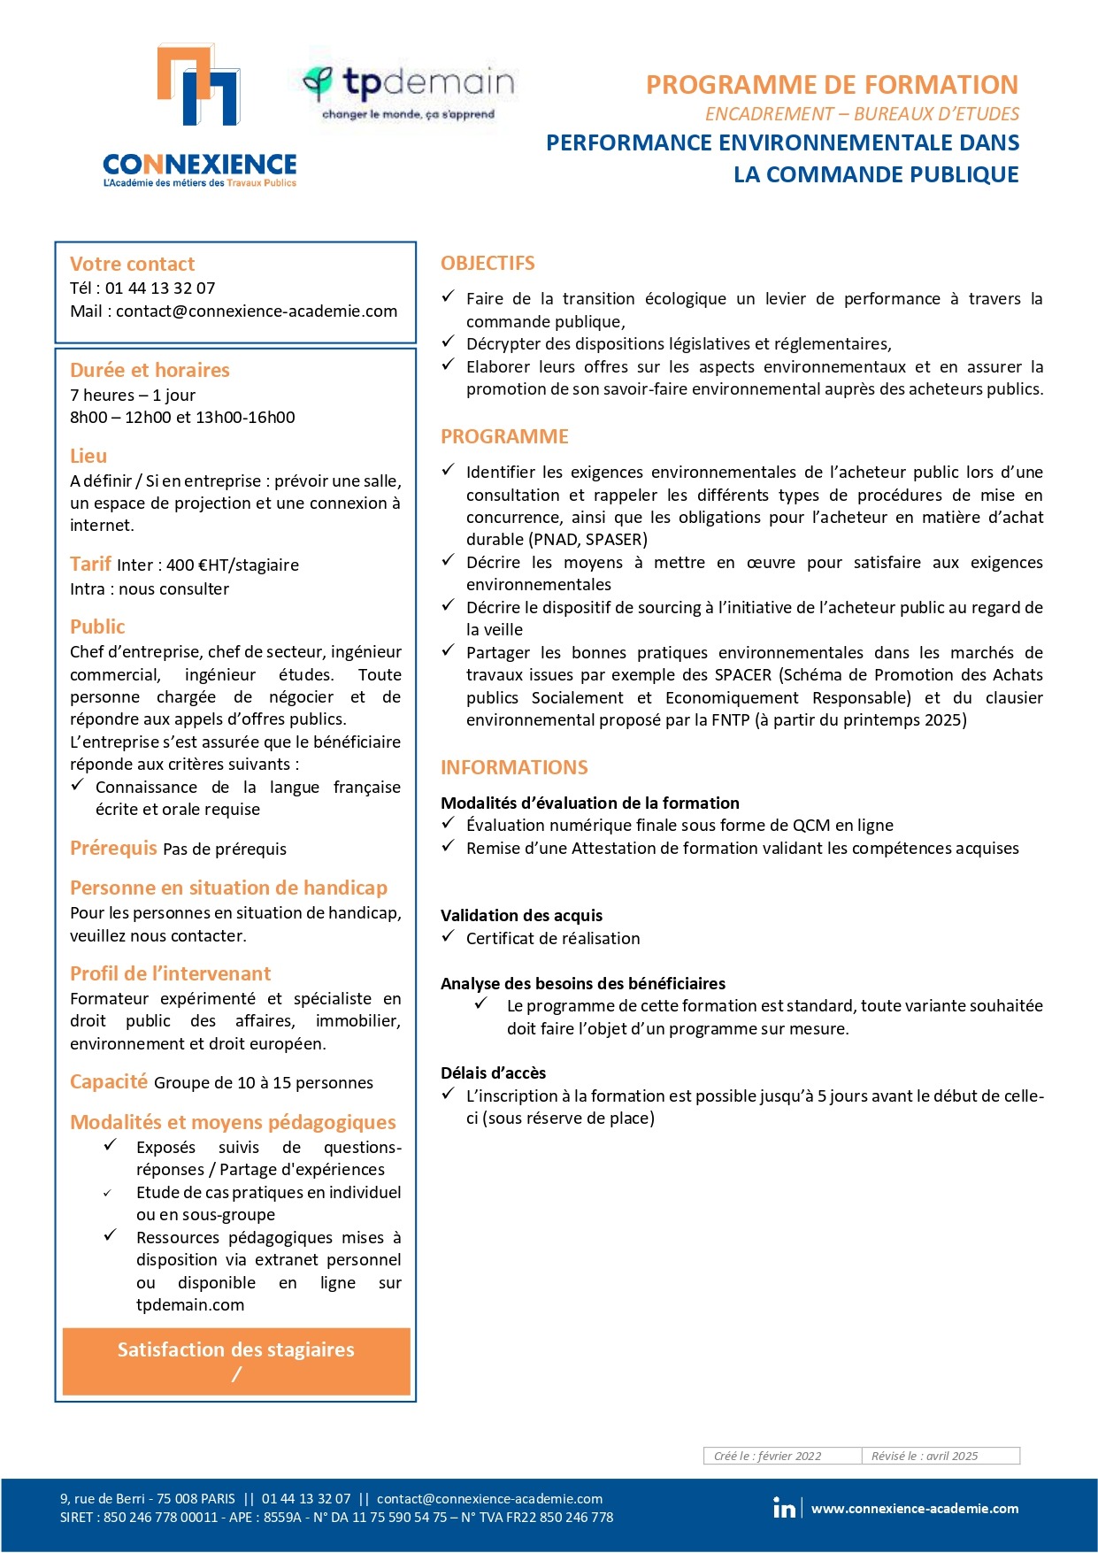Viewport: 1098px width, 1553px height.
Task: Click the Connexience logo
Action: pyautogui.click(x=199, y=115)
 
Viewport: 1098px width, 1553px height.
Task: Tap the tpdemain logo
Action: pyautogui.click(x=408, y=90)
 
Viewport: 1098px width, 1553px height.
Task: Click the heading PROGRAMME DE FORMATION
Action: pyautogui.click(x=832, y=85)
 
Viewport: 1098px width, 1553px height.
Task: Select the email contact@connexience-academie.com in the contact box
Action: pyautogui.click(x=257, y=311)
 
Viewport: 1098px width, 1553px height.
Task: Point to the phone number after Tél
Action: pyautogui.click(x=160, y=288)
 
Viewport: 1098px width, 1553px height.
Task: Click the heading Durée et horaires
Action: pyautogui.click(x=150, y=370)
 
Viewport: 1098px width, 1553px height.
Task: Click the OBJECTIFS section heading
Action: pyautogui.click(x=488, y=264)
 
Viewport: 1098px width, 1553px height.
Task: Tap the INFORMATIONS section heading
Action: pyautogui.click(x=514, y=767)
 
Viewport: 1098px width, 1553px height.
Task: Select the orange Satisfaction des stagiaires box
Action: pyautogui.click(x=236, y=1361)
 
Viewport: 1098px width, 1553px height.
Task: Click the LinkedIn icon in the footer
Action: pyautogui.click(x=784, y=1509)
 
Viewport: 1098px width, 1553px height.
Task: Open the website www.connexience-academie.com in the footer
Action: pyautogui.click(x=915, y=1509)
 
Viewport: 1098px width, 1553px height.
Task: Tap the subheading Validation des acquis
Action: pyautogui.click(x=521, y=916)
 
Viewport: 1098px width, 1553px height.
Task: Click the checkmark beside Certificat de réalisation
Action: pyautogui.click(x=449, y=936)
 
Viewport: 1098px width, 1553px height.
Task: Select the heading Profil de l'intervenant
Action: pyautogui.click(x=170, y=973)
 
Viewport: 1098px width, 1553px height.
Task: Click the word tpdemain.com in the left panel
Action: pyautogui.click(x=190, y=1305)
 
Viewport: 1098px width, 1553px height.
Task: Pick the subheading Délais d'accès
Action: pyautogui.click(x=493, y=1073)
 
